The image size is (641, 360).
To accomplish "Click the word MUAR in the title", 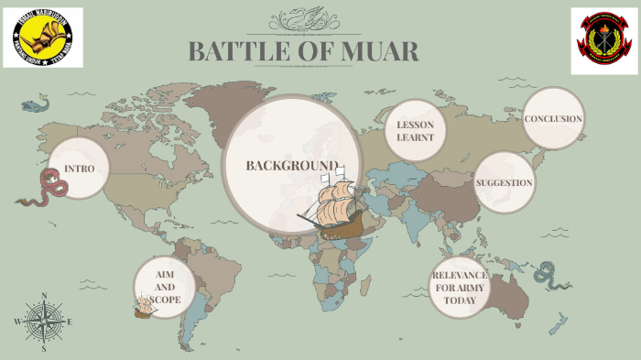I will point(380,52).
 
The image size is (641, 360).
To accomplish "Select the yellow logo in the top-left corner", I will point(42,38).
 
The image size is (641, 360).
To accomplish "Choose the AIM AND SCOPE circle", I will point(165,287).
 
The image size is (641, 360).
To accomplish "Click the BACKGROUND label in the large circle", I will point(291,166).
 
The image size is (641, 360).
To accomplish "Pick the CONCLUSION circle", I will point(553,119).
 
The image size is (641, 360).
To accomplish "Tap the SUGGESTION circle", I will point(504,182).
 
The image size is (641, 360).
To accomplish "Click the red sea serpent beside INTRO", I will point(43,188).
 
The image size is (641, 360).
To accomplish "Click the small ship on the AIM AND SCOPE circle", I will point(145,306).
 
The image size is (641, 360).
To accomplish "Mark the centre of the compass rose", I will point(43,322).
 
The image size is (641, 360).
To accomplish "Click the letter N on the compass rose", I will point(43,296).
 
